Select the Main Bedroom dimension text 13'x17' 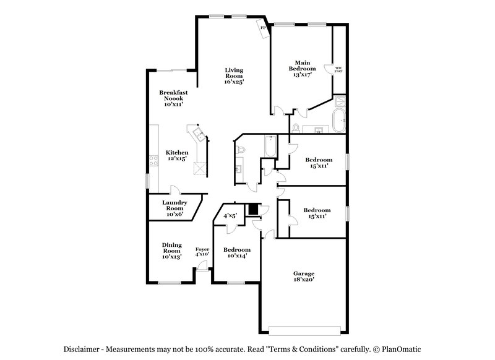point(301,74)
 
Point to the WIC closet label point(338,68)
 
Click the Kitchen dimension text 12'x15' point(176,159)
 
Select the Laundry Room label point(174,205)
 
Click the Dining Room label point(171,248)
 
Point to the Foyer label point(202,250)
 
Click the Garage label point(304,273)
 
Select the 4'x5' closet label point(230,216)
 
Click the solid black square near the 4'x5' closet point(252,209)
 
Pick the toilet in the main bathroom point(296,128)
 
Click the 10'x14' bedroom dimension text point(236,255)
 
